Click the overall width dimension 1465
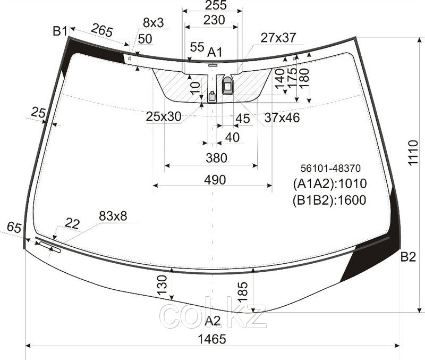tap(212, 339)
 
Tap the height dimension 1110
tap(413, 153)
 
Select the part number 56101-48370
tap(330, 169)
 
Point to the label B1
tap(60, 31)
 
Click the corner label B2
tap(408, 257)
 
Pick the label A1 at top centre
tap(215, 52)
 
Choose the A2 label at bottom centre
tap(213, 321)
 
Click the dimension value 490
tap(215, 180)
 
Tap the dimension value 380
tap(216, 158)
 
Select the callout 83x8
tap(113, 216)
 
